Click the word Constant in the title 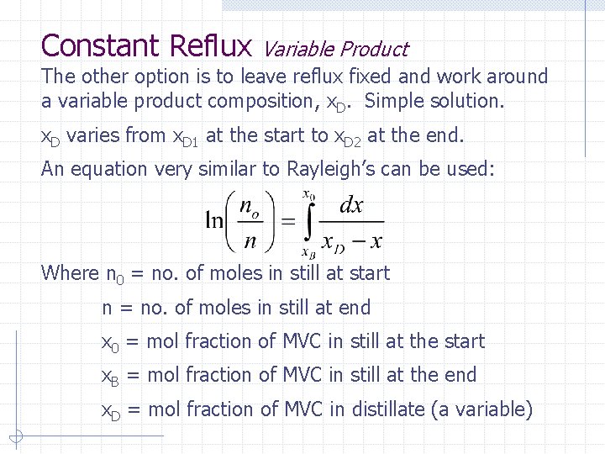click(101, 45)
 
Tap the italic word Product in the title click(372, 50)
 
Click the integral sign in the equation click(309, 223)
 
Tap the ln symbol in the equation click(214, 222)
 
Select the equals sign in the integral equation click(287, 222)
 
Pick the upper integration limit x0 click(310, 196)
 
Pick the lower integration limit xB click(308, 251)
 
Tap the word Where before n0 click(70, 273)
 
